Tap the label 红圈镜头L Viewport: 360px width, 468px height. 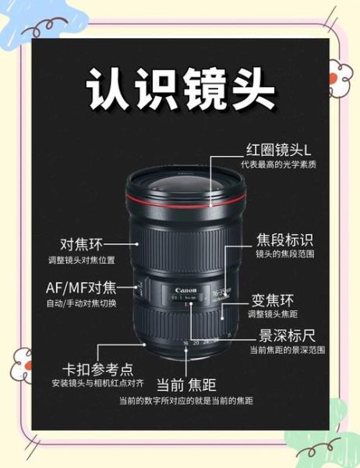point(277,149)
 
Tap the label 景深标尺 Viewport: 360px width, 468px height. point(287,335)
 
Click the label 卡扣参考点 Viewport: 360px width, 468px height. point(97,368)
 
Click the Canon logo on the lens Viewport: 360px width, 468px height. point(185,290)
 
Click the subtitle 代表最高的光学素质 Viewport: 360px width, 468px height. point(278,165)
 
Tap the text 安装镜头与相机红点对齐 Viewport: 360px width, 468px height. point(97,383)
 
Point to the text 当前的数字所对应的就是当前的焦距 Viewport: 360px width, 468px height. point(186,400)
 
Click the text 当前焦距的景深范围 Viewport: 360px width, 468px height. point(287,350)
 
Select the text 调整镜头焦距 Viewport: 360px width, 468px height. point(273,314)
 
